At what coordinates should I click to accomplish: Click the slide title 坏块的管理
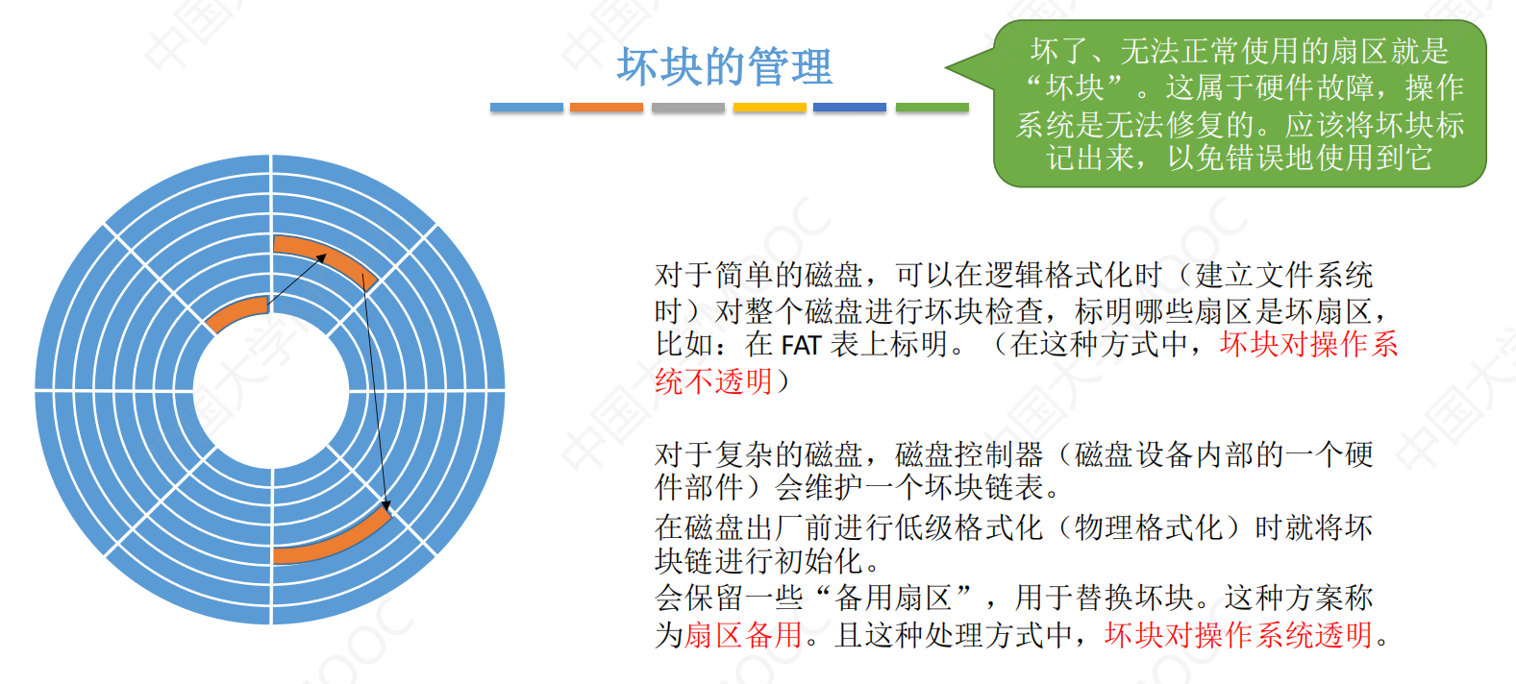coord(725,66)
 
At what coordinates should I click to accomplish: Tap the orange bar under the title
coord(607,107)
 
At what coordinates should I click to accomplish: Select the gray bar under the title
coord(688,107)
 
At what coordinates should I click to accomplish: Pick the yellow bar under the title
coord(769,107)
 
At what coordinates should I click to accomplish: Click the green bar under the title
coord(932,107)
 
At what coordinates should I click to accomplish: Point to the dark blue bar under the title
coord(850,107)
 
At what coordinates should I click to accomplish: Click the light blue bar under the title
coord(527,107)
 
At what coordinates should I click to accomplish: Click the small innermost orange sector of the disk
coord(236,311)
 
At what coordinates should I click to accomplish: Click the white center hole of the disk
coord(271,390)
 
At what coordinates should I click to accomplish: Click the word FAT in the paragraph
coord(802,346)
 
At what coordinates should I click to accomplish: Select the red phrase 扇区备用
coord(743,635)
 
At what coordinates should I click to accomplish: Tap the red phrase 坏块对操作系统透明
coord(1238,635)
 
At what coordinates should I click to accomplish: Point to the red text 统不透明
coord(713,381)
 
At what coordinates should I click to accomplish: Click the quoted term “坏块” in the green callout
coord(1075,87)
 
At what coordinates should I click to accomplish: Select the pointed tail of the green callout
coord(948,67)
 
